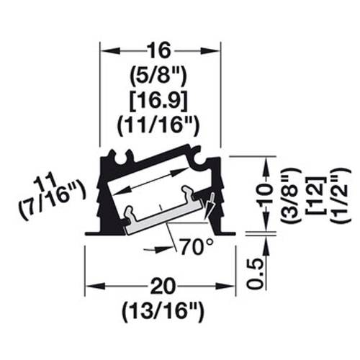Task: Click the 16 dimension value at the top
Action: click(x=160, y=50)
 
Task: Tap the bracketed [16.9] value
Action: click(x=158, y=100)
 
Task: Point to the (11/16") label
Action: click(x=158, y=125)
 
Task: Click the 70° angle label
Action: click(x=197, y=246)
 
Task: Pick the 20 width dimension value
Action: click(x=163, y=286)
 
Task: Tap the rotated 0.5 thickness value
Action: click(x=255, y=274)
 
